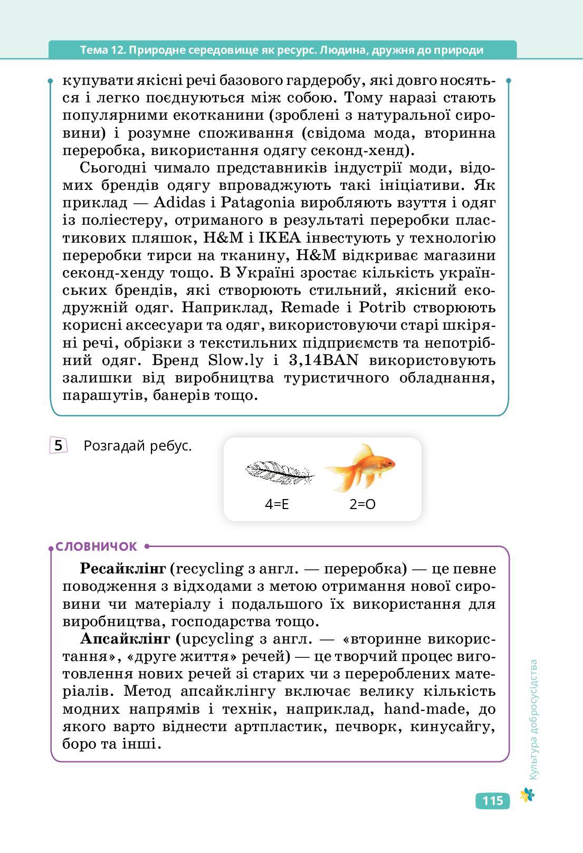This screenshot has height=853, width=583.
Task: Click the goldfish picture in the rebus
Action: tap(361, 467)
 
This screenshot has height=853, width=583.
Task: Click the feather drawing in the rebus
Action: tap(279, 472)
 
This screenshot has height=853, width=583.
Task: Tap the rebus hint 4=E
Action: tap(277, 504)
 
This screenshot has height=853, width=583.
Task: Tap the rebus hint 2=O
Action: tap(362, 504)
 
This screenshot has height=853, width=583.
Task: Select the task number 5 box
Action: tap(58, 446)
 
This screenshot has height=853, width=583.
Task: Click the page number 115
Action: tap(492, 801)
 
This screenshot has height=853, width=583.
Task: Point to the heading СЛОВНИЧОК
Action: tap(97, 547)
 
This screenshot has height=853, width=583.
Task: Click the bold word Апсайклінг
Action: tap(125, 639)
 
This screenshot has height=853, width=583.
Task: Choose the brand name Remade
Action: tap(310, 308)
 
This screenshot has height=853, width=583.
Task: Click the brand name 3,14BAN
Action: tap(323, 360)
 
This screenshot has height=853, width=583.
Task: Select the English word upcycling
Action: tap(217, 639)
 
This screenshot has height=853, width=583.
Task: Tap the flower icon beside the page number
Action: tap(527, 795)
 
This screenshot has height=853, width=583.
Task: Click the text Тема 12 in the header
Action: tap(102, 50)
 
